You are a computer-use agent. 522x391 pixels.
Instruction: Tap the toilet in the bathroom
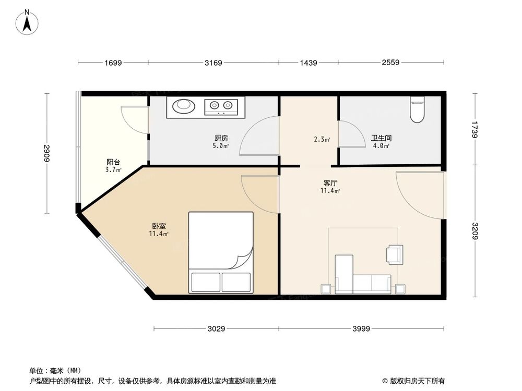(417, 109)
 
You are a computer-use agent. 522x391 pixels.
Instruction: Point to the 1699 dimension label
(113, 63)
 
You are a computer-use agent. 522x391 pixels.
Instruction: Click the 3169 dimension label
(213, 63)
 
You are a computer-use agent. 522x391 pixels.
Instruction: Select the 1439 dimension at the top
(308, 63)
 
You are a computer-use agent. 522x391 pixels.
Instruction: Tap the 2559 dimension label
(390, 63)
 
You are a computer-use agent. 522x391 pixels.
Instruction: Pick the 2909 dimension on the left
(46, 153)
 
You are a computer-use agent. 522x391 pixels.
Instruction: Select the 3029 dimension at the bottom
(216, 329)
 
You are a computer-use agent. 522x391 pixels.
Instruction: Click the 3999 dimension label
(361, 329)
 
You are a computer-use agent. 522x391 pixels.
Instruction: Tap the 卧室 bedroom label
(159, 226)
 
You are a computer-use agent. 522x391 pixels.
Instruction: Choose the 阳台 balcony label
(113, 162)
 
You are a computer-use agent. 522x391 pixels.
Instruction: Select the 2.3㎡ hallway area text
(322, 139)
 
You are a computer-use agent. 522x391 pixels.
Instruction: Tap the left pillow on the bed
(206, 282)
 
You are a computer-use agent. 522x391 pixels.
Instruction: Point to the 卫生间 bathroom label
(381, 138)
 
